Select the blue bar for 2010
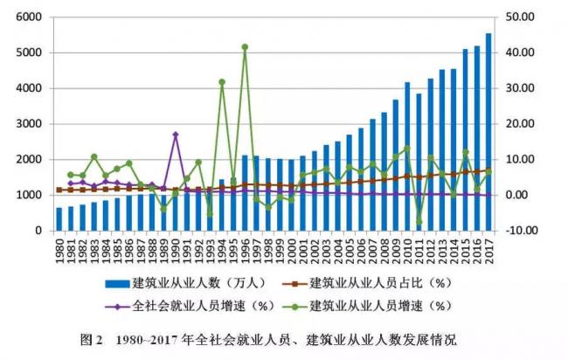point(406,157)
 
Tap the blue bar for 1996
point(245,193)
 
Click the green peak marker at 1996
point(245,47)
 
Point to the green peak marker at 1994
point(222,82)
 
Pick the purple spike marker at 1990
point(176,135)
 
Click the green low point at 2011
point(419,222)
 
